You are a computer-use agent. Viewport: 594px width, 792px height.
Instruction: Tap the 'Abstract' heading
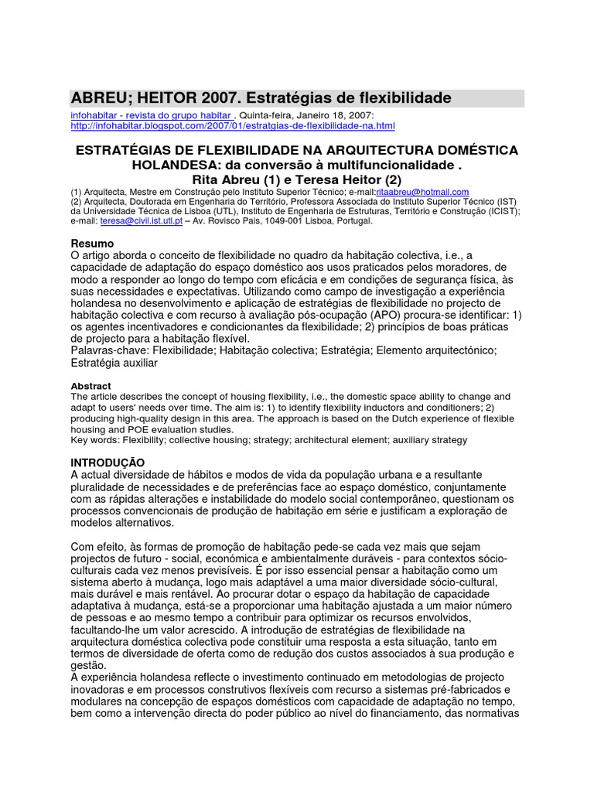coord(90,386)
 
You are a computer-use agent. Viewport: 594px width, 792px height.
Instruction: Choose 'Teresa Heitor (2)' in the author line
coord(357,179)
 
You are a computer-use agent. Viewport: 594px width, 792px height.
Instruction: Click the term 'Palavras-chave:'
coord(109,350)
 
